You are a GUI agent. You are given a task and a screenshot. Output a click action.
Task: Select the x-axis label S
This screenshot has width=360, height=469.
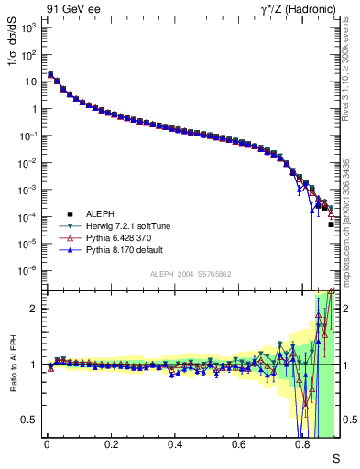click(x=335, y=458)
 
